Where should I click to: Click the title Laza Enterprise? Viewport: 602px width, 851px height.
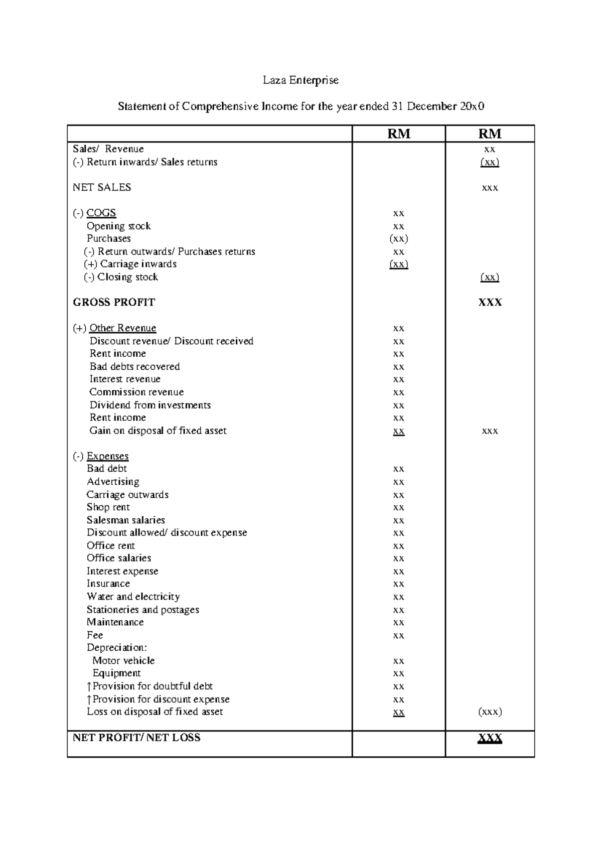(301, 80)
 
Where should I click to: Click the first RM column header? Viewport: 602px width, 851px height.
(399, 134)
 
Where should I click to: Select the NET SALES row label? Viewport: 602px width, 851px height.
(102, 188)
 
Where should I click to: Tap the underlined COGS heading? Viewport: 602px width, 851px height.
(101, 213)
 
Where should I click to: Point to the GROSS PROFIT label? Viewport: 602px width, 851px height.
(114, 303)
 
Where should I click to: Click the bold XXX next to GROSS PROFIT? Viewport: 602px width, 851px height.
(490, 303)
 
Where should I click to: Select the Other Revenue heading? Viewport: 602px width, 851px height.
(122, 328)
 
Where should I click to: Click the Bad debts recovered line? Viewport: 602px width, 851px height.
(134, 367)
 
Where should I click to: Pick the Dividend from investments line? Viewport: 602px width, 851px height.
(150, 405)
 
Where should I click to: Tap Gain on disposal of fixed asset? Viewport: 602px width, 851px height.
(158, 431)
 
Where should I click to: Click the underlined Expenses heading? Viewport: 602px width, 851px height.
(107, 457)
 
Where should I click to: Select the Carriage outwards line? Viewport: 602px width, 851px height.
(127, 495)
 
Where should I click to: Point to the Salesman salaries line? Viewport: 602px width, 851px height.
(125, 520)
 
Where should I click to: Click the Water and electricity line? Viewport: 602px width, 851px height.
(133, 597)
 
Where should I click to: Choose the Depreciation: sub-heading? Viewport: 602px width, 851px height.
(116, 648)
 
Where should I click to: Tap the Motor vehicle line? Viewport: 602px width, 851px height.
(123, 661)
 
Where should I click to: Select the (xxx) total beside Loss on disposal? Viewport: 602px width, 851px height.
(490, 712)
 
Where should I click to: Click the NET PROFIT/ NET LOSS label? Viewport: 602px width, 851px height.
(136, 738)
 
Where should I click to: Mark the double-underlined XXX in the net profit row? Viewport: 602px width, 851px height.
(490, 738)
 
